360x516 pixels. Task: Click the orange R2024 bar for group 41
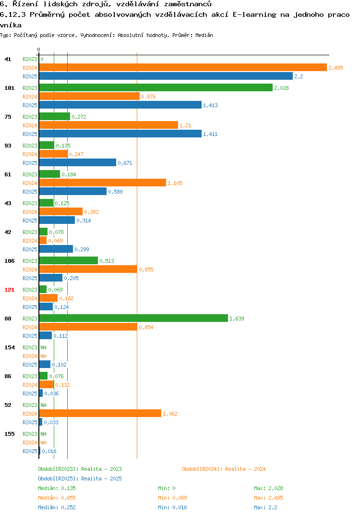click(x=183, y=67)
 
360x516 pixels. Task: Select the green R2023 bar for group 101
click(x=156, y=87)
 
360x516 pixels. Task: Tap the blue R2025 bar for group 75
click(x=120, y=134)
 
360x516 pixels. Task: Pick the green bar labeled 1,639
click(x=133, y=318)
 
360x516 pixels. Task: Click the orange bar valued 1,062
click(x=100, y=413)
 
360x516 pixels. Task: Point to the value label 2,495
click(x=336, y=68)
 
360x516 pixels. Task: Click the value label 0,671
click(x=125, y=163)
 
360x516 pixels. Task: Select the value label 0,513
click(x=107, y=261)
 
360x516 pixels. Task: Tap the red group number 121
click(x=10, y=290)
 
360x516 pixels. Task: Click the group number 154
click(x=10, y=347)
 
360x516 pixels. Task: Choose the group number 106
click(x=10, y=261)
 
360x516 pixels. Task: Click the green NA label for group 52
click(x=43, y=405)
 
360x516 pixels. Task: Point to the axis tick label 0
click(x=38, y=49)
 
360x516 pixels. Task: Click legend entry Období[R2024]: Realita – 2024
click(x=224, y=469)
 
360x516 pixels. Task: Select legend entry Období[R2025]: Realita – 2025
click(x=80, y=479)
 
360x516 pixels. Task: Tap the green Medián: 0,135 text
click(x=57, y=488)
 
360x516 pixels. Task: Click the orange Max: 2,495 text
click(x=268, y=498)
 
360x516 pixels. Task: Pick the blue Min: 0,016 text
click(x=172, y=507)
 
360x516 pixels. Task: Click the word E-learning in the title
click(x=254, y=14)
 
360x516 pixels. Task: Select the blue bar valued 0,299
click(x=56, y=249)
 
